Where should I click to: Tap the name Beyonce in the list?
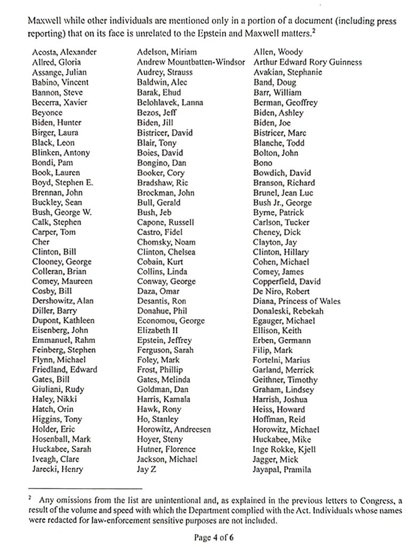47,113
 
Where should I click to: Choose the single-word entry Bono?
262,163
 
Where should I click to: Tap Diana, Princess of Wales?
297,301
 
